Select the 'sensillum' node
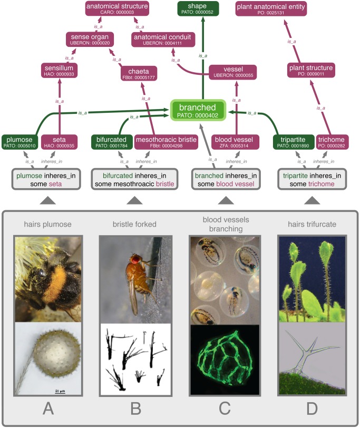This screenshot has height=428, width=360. [x=59, y=71]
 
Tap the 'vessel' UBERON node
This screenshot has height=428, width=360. [x=232, y=72]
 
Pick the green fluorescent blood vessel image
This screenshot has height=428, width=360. [x=226, y=358]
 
